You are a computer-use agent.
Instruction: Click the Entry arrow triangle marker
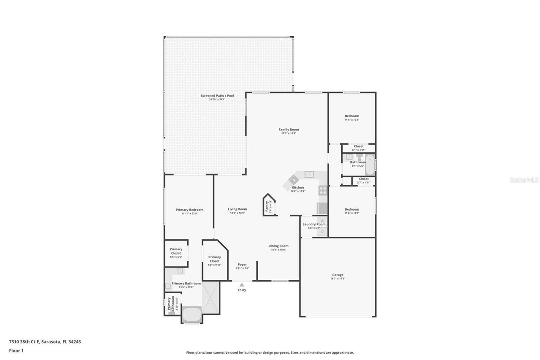(x=242, y=285)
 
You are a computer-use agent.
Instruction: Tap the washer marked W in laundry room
(x=322, y=220)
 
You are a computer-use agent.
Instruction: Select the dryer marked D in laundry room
(x=322, y=232)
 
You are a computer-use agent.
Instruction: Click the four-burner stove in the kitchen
(x=323, y=190)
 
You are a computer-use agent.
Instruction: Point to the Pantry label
(x=267, y=206)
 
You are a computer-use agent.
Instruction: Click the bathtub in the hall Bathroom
(x=370, y=165)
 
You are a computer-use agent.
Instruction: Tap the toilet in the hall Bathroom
(x=359, y=158)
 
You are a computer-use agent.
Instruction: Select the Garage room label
(x=337, y=275)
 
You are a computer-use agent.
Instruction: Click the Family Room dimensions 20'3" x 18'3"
(x=289, y=133)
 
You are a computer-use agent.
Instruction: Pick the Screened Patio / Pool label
(x=217, y=96)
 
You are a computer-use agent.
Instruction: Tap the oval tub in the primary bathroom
(x=192, y=314)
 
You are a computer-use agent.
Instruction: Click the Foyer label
(x=242, y=265)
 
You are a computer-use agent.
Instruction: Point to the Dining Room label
(x=278, y=246)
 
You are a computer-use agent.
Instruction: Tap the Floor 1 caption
(x=16, y=350)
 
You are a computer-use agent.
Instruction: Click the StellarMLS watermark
(x=524, y=180)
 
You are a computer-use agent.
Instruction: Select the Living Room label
(x=238, y=209)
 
